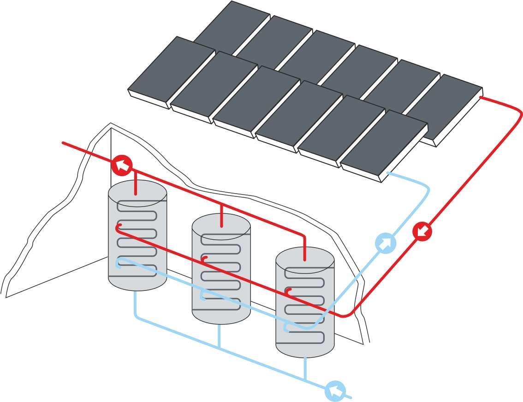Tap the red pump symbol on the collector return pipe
click(x=422, y=231)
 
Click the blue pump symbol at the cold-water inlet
click(x=335, y=391)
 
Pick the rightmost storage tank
click(x=304, y=302)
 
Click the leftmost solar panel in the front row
click(x=171, y=72)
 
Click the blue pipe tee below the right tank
click(x=305, y=379)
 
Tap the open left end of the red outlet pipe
click(x=64, y=143)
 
